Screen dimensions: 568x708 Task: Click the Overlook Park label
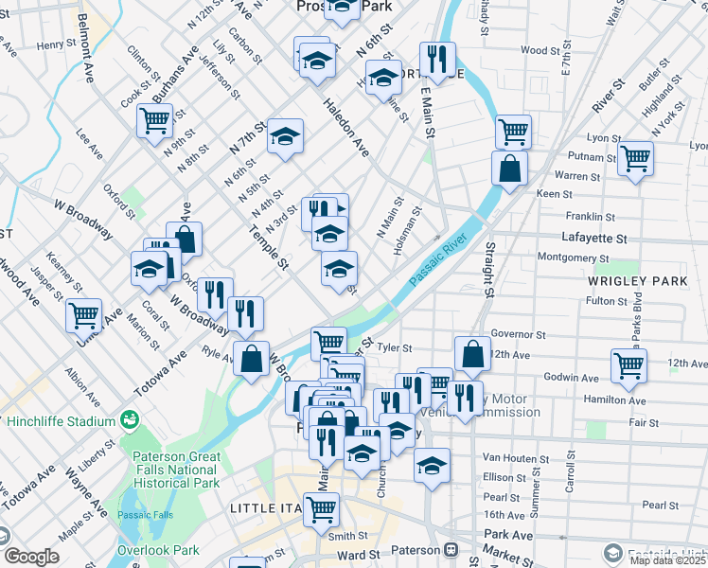(158, 550)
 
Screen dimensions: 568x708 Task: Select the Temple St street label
(268, 248)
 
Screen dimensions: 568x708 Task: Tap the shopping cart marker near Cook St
(153, 120)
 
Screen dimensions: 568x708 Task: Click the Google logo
(31, 557)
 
